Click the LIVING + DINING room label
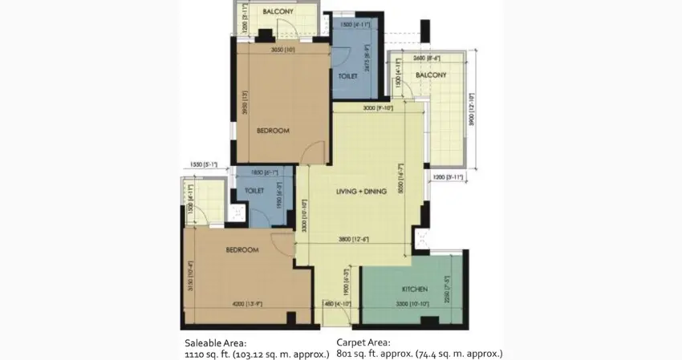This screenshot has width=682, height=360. click(x=362, y=192)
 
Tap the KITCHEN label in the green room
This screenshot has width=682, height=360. click(x=415, y=289)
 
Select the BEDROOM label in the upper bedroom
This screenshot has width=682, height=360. click(x=273, y=130)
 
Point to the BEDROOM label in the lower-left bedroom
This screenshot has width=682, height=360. click(x=242, y=250)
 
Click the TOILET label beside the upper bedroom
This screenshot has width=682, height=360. click(x=347, y=76)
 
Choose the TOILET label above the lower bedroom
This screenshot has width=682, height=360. click(x=255, y=192)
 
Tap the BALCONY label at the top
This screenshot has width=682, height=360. click(x=278, y=13)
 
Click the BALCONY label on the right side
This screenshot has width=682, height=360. click(x=431, y=75)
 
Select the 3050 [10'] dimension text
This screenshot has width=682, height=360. click(x=282, y=50)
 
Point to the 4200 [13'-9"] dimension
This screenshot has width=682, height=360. click(x=245, y=303)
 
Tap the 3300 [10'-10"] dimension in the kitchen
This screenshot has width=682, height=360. click(x=414, y=303)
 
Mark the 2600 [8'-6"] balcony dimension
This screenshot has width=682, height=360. click(x=425, y=58)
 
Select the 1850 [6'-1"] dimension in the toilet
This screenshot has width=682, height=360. click(x=263, y=172)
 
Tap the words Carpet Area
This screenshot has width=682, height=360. click(x=365, y=342)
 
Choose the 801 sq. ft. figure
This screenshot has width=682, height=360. click(x=359, y=353)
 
